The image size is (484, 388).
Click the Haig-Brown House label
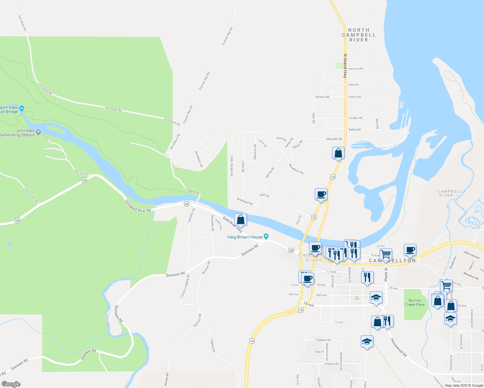pyautogui.click(x=245, y=237)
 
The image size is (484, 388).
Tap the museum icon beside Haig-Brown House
pyautogui.click(x=266, y=236)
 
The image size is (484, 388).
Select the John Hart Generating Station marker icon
pyautogui.click(x=38, y=132)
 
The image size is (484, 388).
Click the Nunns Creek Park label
pyautogui.click(x=414, y=303)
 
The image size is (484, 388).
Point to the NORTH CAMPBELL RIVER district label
pyautogui.click(x=359, y=35)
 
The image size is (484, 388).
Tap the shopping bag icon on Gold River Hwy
pyautogui.click(x=240, y=220)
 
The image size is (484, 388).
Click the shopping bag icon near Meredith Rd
pyautogui.click(x=338, y=153)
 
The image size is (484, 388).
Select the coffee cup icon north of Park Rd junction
pyautogui.click(x=321, y=194)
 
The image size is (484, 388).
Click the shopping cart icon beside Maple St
pyautogui.click(x=386, y=254)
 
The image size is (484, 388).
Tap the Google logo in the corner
pyautogui.click(x=11, y=384)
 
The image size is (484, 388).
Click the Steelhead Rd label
pyautogui.click(x=245, y=201)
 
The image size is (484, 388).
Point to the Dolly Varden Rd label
pyautogui.click(x=232, y=166)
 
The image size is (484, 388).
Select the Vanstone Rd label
pyautogui.click(x=356, y=69)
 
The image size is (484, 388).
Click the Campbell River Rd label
pyautogui.click(x=138, y=206)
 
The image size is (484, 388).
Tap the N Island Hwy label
pyautogui.click(x=345, y=66)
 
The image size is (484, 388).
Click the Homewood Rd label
pyautogui.click(x=399, y=348)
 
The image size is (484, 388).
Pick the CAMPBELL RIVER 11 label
pyautogui.click(x=449, y=193)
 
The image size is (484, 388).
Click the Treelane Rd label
pyautogui.click(x=323, y=340)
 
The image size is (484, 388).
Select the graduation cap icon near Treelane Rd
pyautogui.click(x=367, y=341)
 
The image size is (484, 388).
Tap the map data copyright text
pyautogui.click(x=464, y=385)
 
